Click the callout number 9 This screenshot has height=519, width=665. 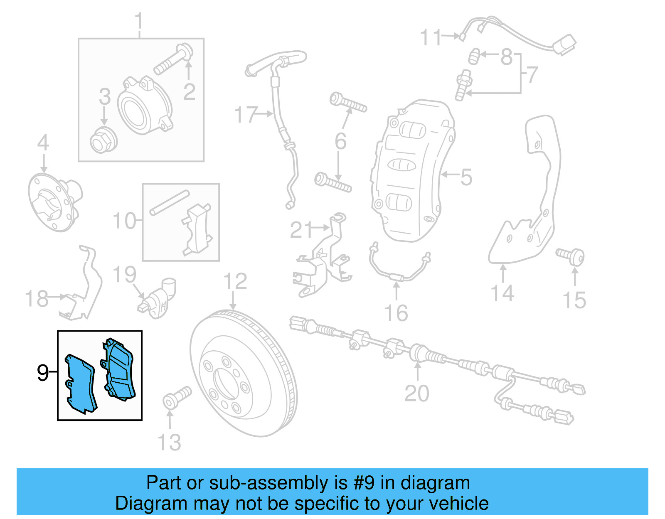(42, 373)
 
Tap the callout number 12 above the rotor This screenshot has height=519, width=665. (235, 281)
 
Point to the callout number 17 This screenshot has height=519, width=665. (246, 114)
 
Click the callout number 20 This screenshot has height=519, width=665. (416, 393)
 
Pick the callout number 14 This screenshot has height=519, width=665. (502, 293)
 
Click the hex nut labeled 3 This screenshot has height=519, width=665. (103, 140)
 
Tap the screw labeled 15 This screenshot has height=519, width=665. (572, 256)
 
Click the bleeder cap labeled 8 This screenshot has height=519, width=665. (474, 56)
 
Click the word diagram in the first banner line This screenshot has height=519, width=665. (435, 483)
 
